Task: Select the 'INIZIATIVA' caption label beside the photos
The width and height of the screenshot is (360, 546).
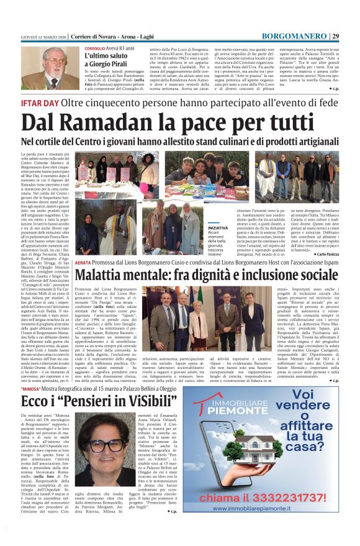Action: point(217,229)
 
